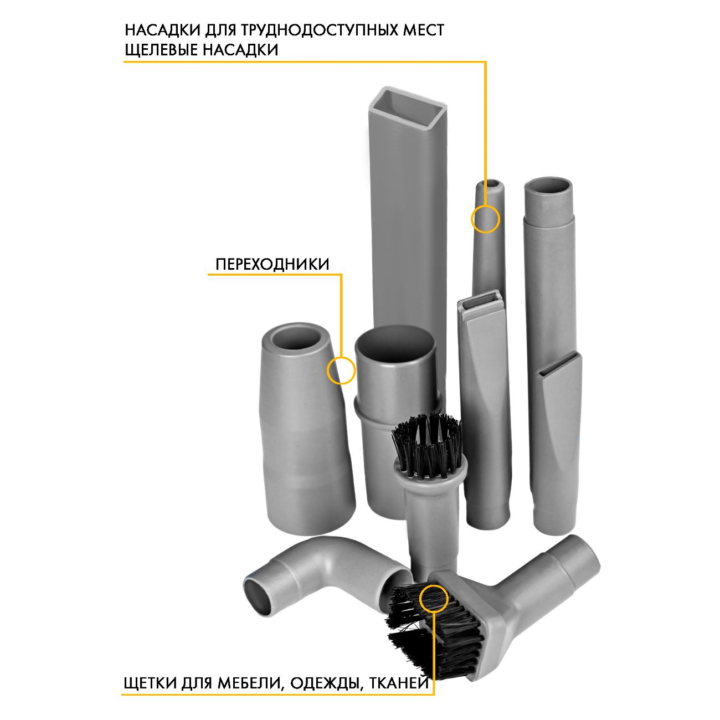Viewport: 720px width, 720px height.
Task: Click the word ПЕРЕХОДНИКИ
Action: coord(272,264)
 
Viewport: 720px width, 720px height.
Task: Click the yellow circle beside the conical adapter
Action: coord(341,370)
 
